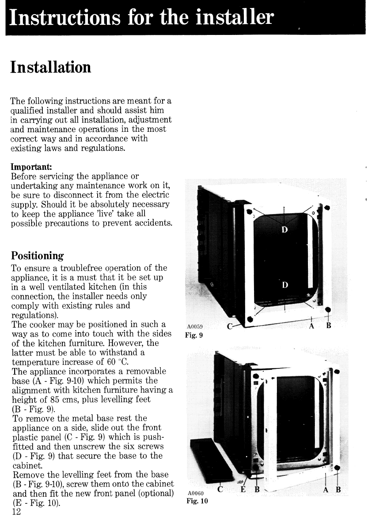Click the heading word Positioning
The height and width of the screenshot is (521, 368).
pos(38,256)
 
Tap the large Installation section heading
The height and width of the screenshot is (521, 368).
pos(50,68)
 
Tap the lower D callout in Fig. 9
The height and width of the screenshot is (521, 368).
pos(285,285)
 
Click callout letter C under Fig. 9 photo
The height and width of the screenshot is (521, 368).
pos(229,327)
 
